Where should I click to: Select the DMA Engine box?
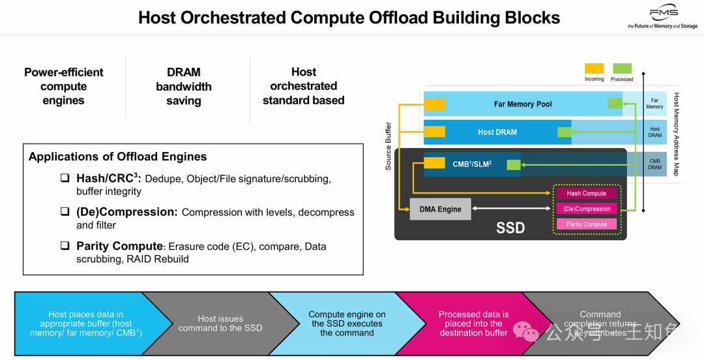coord(440,209)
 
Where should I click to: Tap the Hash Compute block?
coord(586,194)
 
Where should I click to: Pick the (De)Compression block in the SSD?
coord(586,209)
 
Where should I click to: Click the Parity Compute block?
coord(586,224)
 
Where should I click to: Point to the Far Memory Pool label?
coord(523,104)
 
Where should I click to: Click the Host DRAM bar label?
coord(497,132)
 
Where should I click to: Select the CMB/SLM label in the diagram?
coord(472,164)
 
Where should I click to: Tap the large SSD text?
coord(510,228)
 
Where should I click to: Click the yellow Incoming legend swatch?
coord(594,68)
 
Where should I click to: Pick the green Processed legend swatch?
coord(622,68)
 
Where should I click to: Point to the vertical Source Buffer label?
coord(389,146)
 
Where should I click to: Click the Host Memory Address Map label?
coord(676,134)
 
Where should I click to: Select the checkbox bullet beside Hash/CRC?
coord(65,178)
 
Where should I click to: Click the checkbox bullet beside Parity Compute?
coord(65,246)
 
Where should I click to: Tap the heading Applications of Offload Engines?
coord(117,157)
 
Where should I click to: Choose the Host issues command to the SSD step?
coord(220,323)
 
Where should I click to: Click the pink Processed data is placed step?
coord(473,323)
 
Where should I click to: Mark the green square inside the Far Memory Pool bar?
coord(615,104)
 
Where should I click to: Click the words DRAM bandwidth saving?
coord(183,86)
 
